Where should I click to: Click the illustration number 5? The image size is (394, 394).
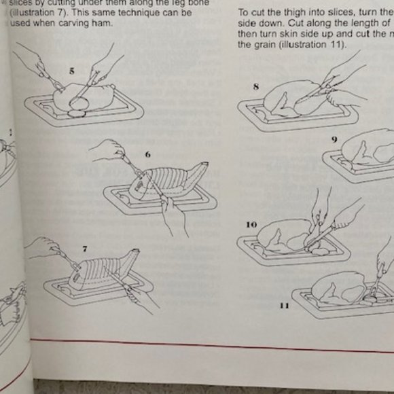click(72, 70)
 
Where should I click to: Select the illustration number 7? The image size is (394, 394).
click(85, 249)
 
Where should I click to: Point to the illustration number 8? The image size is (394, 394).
click(255, 86)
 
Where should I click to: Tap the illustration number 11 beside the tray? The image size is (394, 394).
click(284, 306)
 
